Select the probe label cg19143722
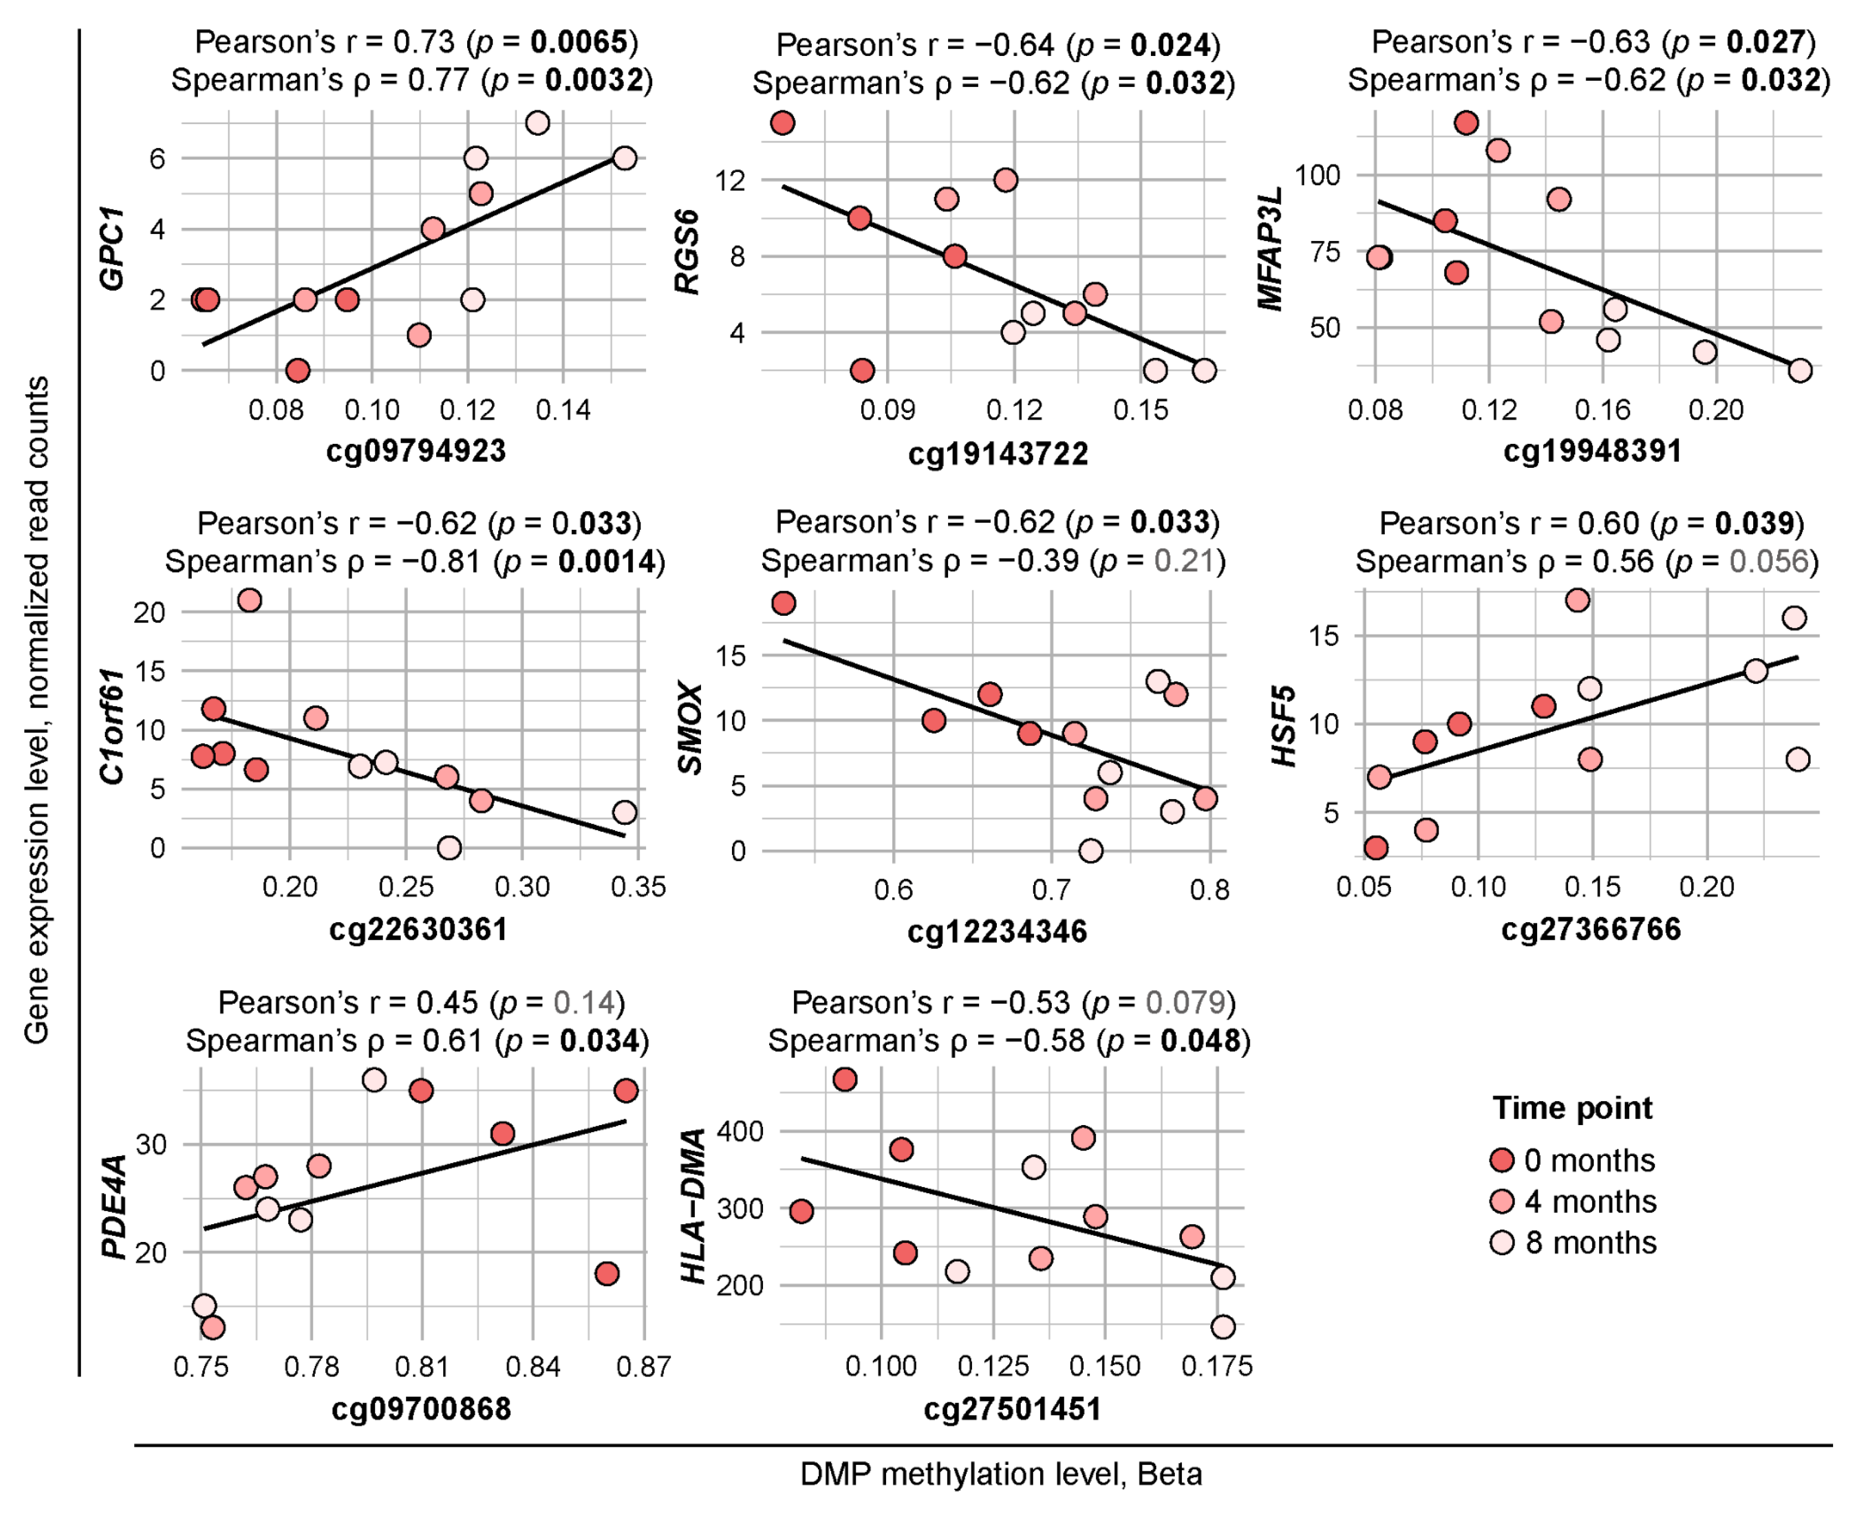click(998, 454)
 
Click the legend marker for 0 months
click(1502, 1160)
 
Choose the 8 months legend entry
click(1573, 1243)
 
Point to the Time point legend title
click(1572, 1108)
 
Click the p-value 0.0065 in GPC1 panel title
click(579, 41)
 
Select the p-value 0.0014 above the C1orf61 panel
click(607, 561)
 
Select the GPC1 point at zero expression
click(298, 370)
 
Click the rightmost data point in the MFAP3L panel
click(1800, 370)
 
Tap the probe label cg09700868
click(421, 1409)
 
